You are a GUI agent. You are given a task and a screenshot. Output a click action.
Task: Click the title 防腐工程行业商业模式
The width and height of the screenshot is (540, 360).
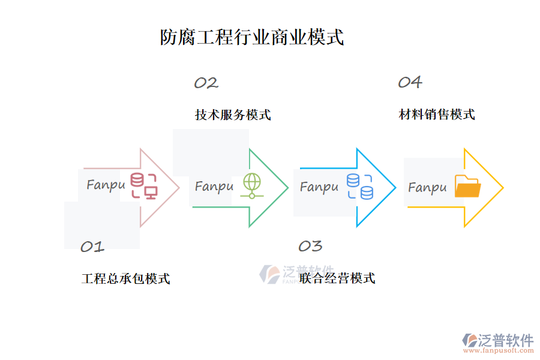click(252, 37)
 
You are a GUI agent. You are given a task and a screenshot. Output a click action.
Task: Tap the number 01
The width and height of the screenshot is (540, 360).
click(92, 246)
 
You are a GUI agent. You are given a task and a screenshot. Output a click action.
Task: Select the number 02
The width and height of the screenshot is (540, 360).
click(206, 83)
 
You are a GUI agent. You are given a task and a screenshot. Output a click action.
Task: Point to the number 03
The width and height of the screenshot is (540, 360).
click(310, 245)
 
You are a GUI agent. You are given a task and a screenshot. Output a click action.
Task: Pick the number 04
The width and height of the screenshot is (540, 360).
click(410, 82)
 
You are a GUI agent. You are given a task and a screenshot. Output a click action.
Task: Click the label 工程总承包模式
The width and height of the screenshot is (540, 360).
click(125, 278)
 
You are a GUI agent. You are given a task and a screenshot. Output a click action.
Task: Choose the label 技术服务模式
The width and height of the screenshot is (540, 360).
click(233, 115)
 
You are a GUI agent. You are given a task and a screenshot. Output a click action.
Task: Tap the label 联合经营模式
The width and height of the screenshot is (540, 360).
click(337, 278)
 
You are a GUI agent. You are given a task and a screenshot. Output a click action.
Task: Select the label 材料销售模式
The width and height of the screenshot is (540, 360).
click(437, 114)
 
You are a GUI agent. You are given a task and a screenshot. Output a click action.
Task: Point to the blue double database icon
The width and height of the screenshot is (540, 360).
click(359, 186)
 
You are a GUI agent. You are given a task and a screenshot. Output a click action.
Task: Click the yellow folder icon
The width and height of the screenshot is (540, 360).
click(467, 187)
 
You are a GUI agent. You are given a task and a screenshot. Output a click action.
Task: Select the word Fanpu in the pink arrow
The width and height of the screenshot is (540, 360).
click(106, 185)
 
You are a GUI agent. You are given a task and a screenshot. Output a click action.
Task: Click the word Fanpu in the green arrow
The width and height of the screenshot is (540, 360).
click(214, 187)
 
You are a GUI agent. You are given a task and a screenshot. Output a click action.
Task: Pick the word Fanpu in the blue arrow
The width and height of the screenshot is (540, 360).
click(319, 187)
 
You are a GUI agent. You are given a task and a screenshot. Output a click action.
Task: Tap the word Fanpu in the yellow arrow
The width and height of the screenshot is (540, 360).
click(427, 188)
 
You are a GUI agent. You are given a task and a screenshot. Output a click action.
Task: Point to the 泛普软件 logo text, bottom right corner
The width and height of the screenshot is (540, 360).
click(506, 340)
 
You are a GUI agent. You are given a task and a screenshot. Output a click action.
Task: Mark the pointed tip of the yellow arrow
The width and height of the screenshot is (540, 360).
click(503, 188)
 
